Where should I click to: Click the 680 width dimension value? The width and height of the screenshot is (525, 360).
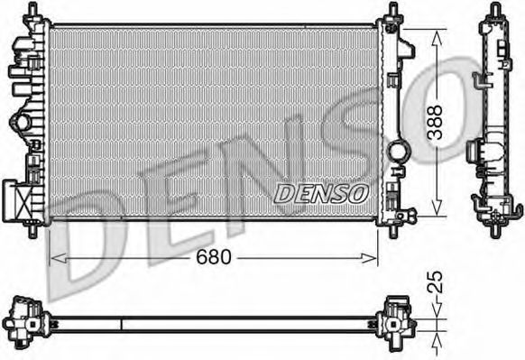(x=214, y=257)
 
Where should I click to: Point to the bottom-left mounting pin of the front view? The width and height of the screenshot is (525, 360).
(x=34, y=229)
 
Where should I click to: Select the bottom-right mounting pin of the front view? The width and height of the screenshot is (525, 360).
(x=393, y=229)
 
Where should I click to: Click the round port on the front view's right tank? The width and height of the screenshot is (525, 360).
(x=398, y=151)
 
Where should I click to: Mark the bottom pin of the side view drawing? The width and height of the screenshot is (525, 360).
(x=494, y=229)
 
